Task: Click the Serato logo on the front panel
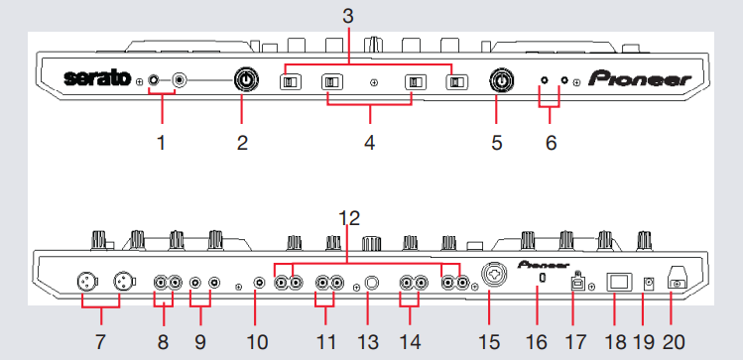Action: [97, 77]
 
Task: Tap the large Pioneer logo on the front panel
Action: [640, 78]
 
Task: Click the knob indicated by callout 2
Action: [246, 80]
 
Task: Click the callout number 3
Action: [348, 16]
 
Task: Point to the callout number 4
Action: [370, 142]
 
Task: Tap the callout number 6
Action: [551, 142]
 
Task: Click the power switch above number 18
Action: [620, 282]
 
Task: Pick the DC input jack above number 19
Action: [649, 285]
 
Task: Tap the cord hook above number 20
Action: [677, 279]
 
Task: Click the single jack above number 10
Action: [260, 284]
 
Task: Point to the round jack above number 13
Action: [371, 284]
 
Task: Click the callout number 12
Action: [349, 218]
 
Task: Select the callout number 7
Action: [99, 342]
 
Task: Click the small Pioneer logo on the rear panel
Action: [544, 265]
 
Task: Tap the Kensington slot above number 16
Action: [542, 279]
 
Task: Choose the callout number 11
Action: [325, 342]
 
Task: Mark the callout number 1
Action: [162, 142]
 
